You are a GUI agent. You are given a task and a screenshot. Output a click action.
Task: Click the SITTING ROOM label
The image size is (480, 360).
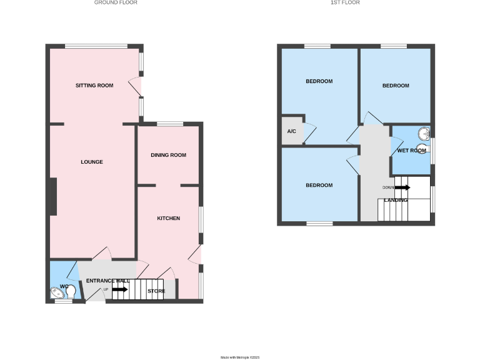pos(94,85)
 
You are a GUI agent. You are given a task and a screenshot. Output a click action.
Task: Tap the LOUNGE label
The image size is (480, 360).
pos(92,162)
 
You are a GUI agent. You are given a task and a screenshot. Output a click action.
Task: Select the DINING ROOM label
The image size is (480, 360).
pos(169,155)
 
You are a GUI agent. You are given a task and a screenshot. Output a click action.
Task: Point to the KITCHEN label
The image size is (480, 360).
pos(168,218)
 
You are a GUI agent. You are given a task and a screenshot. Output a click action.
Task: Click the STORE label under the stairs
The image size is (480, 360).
pos(156,291)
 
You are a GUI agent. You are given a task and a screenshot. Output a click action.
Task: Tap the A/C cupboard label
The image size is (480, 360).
pos(291,131)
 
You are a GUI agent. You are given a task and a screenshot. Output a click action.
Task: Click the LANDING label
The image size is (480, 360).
pos(396,200)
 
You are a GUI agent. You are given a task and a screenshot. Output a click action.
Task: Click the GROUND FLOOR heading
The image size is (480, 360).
pos(116,2)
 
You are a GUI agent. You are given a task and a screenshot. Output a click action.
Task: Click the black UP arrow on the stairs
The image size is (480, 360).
pos(121,289)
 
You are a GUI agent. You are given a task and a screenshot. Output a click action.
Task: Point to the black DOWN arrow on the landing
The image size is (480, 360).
pos(402,187)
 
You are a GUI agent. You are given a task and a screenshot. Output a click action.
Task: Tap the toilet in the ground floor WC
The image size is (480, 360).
pos(71,291)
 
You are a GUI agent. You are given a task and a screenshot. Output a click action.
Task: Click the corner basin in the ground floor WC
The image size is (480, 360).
pos(56,293)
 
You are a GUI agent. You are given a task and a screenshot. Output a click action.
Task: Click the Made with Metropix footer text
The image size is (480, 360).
pos(240,357)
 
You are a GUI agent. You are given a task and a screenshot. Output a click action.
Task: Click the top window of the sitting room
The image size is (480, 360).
pos(96,46)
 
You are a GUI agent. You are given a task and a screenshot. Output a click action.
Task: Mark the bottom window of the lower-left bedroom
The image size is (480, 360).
pos(319,223)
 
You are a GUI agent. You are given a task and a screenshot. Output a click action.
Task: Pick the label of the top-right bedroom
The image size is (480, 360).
pos(396,86)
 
